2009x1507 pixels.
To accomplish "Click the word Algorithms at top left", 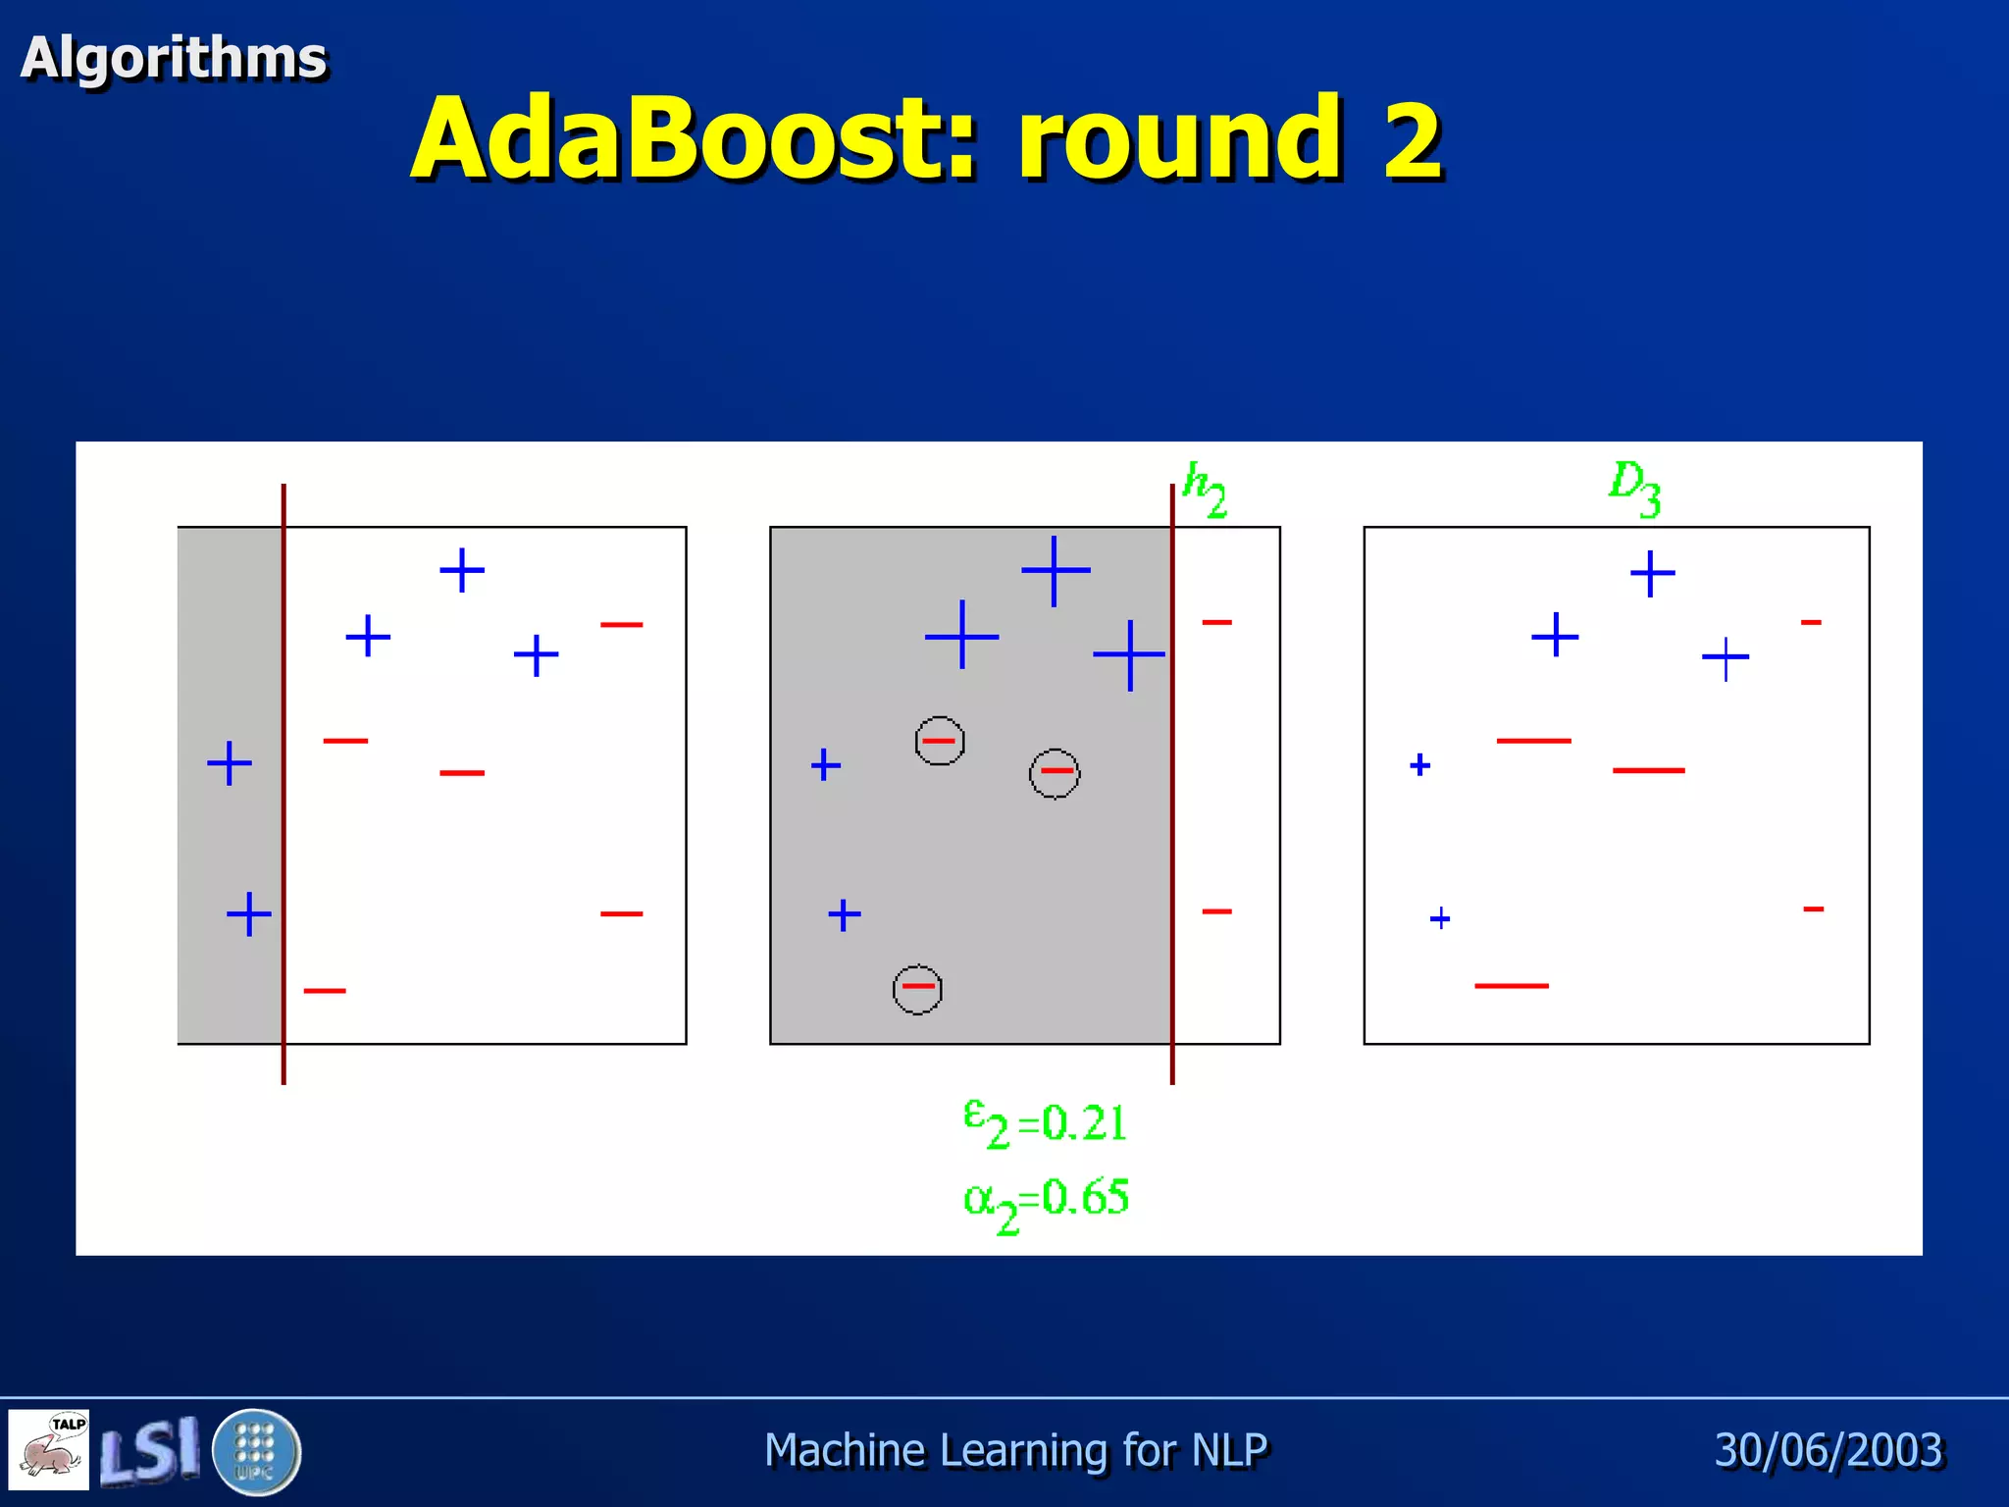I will [174, 58].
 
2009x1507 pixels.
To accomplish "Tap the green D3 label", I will [1634, 488].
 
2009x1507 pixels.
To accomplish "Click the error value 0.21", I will [1083, 1122].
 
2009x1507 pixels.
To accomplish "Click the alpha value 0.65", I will [1085, 1198].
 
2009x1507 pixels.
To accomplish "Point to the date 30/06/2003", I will [1829, 1450].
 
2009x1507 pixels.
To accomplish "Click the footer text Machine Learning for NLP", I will [1015, 1450].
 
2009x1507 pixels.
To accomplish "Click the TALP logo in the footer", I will [49, 1449].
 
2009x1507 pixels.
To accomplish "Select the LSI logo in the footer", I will [150, 1450].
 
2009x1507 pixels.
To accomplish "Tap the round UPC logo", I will [256, 1451].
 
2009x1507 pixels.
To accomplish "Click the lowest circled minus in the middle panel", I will [918, 989].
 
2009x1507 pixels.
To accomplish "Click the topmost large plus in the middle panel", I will [1055, 570].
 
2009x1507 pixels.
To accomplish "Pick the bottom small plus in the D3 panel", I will [1440, 918].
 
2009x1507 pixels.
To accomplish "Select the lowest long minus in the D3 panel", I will [1511, 985].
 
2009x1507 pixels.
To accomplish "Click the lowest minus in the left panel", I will [325, 991].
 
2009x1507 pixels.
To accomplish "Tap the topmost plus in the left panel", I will [462, 570].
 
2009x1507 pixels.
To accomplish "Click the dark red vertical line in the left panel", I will [283, 785].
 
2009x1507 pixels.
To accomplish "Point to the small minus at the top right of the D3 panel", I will [1811, 622].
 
